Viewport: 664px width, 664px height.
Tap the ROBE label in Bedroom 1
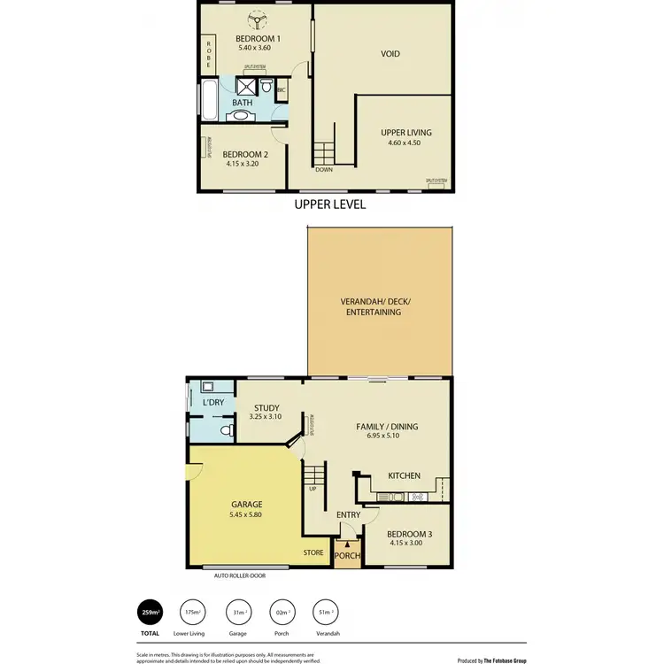[210, 56]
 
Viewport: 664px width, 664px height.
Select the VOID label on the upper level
[390, 54]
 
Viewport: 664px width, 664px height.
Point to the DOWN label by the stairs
[323, 169]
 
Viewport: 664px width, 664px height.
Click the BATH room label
[242, 103]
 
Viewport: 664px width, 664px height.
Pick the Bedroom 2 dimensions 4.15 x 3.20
[247, 163]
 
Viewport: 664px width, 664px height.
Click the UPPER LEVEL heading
[330, 205]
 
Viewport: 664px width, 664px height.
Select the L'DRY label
[214, 404]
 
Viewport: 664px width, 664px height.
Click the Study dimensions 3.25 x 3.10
[266, 417]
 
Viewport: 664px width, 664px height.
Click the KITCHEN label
[404, 476]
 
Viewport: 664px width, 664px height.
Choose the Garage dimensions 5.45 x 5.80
[247, 514]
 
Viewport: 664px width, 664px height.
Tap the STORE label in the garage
[313, 553]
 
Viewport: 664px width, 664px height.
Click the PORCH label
[347, 558]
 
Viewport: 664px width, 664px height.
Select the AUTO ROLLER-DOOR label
[239, 575]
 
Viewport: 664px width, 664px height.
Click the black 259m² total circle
[150, 613]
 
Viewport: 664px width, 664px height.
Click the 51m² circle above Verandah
[325, 613]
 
